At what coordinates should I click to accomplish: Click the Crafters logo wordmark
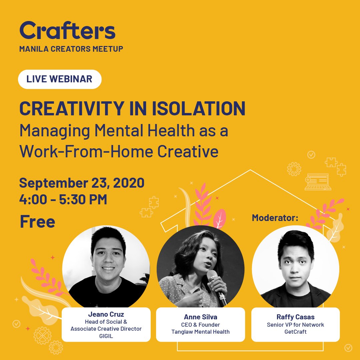[67, 31]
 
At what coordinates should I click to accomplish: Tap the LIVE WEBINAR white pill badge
[59, 79]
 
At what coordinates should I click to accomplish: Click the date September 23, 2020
[82, 183]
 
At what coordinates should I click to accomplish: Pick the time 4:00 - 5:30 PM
[63, 199]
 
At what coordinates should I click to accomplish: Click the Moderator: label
[275, 218]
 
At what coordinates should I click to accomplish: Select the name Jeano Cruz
[106, 314]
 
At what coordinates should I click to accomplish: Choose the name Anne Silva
[200, 317]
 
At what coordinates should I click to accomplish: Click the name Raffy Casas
[295, 317]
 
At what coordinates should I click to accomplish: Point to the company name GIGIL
[106, 335]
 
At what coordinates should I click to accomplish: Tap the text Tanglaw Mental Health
[200, 331]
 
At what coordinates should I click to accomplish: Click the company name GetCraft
[295, 331]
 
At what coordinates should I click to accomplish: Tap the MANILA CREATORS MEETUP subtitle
[71, 49]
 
